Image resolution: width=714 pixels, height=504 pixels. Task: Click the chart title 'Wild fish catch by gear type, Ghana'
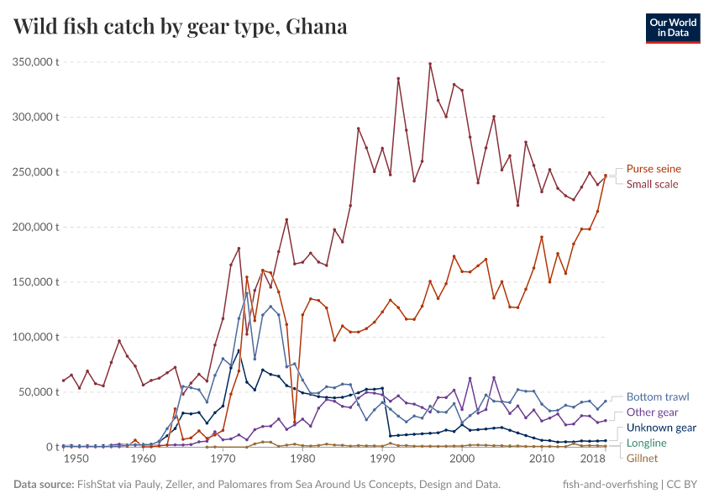click(x=181, y=27)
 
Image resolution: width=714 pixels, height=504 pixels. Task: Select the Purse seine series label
click(x=654, y=169)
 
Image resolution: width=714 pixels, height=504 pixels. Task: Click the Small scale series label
click(x=652, y=184)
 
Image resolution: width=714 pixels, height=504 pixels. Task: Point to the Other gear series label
click(x=652, y=412)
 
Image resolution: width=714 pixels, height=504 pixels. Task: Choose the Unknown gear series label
click(x=661, y=428)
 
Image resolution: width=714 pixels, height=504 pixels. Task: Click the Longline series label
click(x=647, y=443)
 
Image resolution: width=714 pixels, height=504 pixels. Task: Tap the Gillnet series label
click(x=643, y=458)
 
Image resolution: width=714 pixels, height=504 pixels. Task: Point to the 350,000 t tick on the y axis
click(x=34, y=62)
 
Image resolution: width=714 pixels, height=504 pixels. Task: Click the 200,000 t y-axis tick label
click(x=34, y=227)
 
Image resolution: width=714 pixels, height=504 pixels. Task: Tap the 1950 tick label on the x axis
click(x=75, y=460)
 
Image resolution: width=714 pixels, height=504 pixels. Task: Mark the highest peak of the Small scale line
click(x=430, y=64)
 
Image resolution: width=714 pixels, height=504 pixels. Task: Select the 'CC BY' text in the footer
click(x=682, y=485)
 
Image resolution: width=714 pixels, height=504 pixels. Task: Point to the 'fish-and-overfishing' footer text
click(x=610, y=485)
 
